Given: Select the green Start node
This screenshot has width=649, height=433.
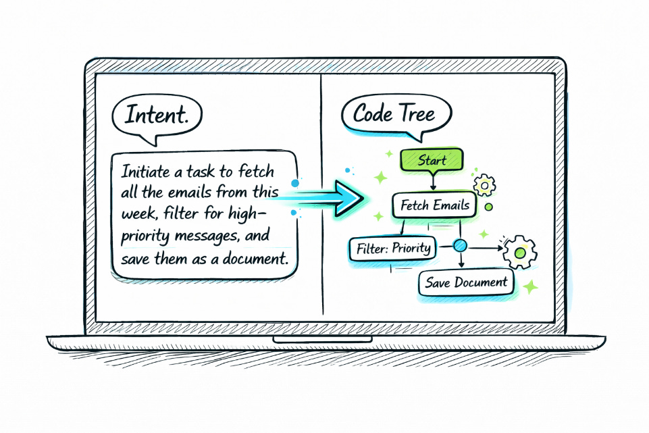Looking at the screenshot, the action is click(432, 160).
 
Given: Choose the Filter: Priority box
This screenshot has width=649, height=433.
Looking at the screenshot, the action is click(392, 247).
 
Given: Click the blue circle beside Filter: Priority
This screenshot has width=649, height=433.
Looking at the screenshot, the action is click(461, 246).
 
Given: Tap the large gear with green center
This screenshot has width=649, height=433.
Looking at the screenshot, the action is click(520, 253).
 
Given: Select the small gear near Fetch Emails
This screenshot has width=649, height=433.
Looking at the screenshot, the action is click(485, 184).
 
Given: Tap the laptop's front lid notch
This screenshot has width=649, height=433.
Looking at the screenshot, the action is click(324, 338).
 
